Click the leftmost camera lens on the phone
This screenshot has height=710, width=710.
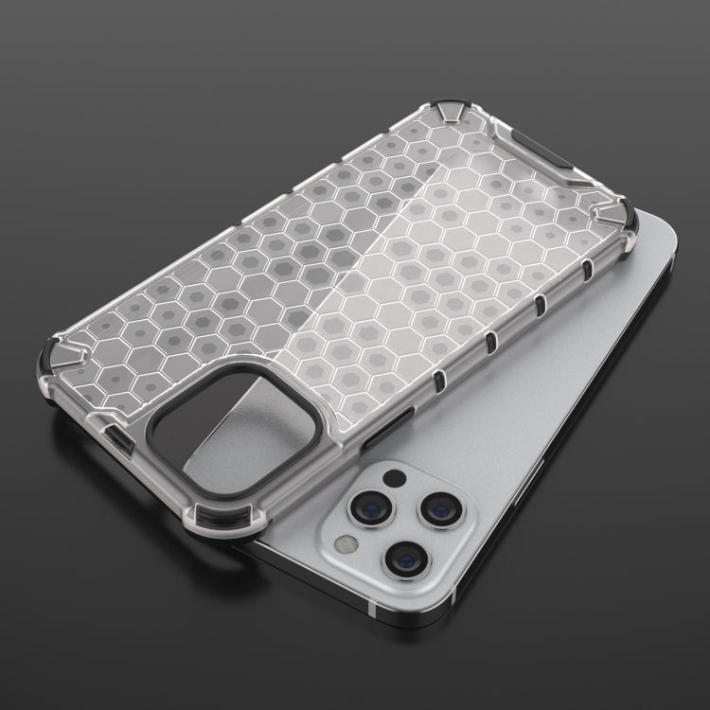[366, 508]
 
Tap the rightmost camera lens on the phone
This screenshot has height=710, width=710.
[440, 509]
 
